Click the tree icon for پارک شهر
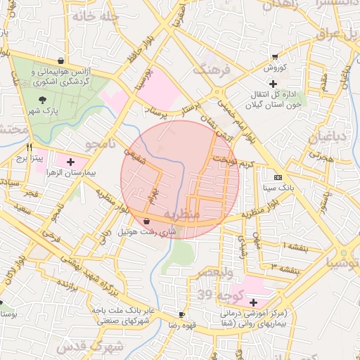44,100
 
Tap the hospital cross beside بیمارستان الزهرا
70,162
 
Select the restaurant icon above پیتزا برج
29,148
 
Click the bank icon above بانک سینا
277,177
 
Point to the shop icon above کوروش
275,58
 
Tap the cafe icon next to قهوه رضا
182,314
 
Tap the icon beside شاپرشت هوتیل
146,221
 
